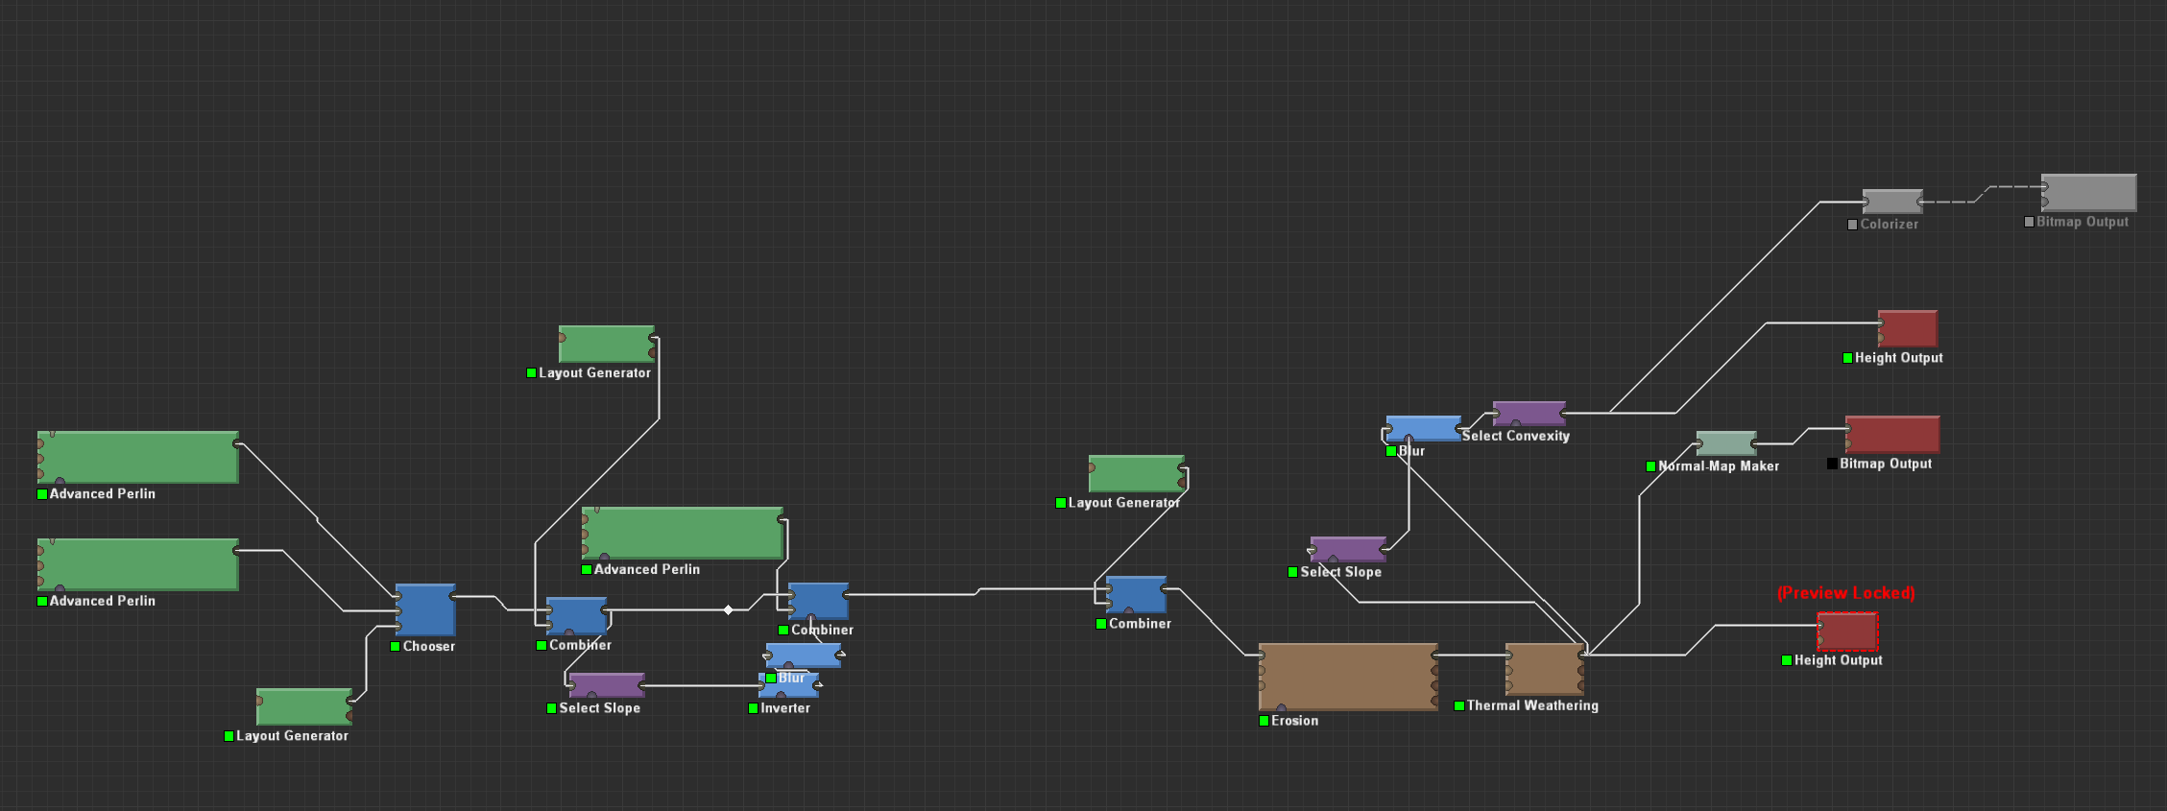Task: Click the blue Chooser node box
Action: point(425,609)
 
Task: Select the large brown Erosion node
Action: point(1348,677)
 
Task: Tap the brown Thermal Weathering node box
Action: point(1545,669)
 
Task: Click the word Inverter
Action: point(785,708)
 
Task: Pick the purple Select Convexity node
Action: point(1529,414)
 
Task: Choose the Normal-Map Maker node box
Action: point(1726,443)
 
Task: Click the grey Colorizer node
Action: point(1892,202)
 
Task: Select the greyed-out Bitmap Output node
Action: point(2088,193)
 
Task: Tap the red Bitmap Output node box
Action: point(1892,435)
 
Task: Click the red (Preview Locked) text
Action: point(1845,593)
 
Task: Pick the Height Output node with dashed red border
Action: point(1847,632)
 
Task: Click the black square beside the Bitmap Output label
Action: point(1832,464)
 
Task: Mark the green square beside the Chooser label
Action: point(395,647)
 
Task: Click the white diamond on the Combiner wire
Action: point(729,609)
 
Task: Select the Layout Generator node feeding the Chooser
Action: point(304,706)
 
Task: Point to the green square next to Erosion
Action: point(1264,721)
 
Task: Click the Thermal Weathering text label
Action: point(1532,705)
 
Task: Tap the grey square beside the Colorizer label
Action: point(1852,225)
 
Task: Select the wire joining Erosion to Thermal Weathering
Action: point(1472,656)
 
